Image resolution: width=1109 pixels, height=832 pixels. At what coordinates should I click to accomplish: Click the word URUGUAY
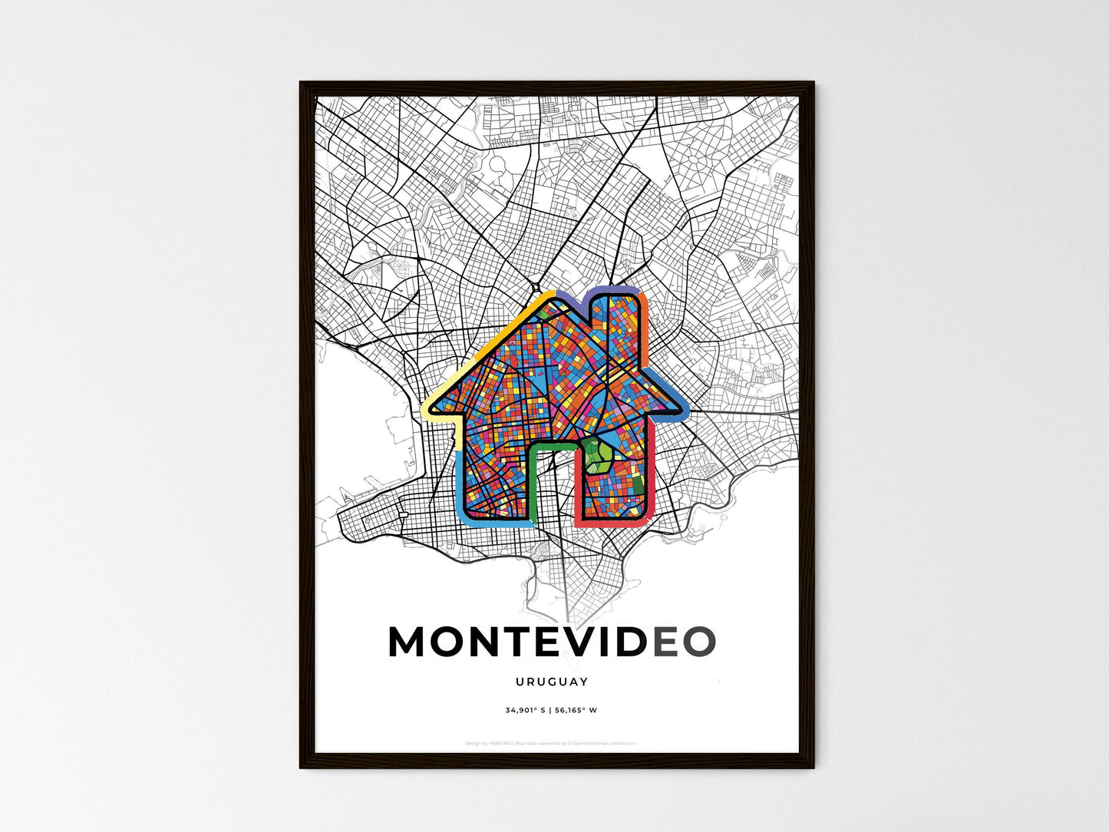click(552, 682)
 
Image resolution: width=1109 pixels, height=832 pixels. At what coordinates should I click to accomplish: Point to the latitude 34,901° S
click(525, 710)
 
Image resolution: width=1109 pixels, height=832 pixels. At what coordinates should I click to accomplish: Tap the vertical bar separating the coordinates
click(550, 710)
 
